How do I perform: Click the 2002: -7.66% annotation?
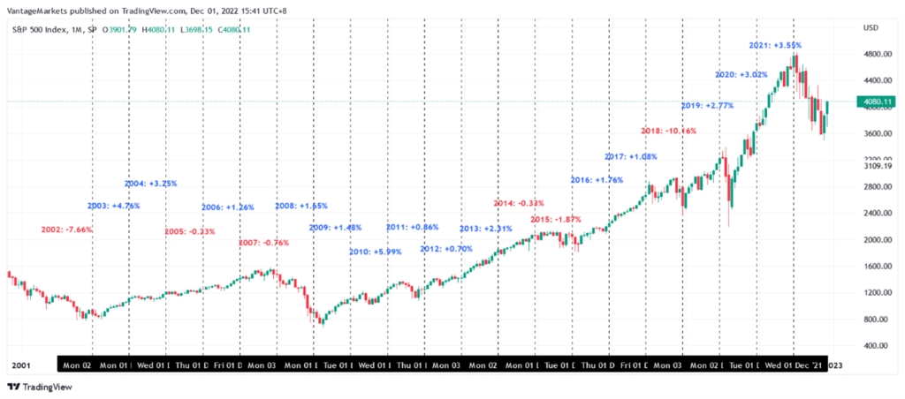[x=67, y=230]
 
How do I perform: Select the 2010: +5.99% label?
[x=376, y=252]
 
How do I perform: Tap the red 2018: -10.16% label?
[x=669, y=131]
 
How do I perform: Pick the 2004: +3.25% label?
[x=151, y=184]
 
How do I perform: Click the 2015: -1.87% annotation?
[x=557, y=219]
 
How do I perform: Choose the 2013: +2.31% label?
[x=486, y=229]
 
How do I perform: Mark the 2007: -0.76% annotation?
[x=265, y=243]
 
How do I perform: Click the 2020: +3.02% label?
[x=741, y=74]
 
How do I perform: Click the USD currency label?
[x=870, y=28]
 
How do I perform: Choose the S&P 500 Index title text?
[x=41, y=30]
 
